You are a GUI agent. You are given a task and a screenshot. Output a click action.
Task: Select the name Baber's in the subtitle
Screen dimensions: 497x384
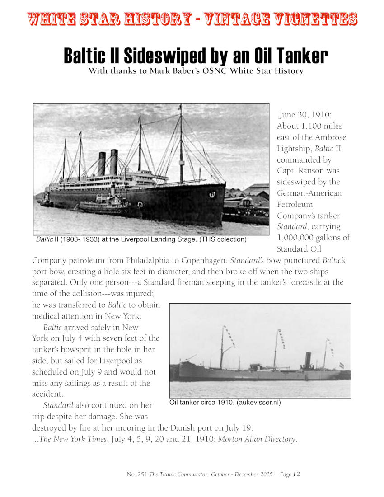pyautogui.click(x=196, y=71)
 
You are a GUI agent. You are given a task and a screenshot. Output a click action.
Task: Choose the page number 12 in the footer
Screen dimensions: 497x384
pyautogui.click(x=296, y=474)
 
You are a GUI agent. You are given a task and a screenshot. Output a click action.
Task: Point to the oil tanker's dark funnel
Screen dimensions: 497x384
pyautogui.click(x=309, y=361)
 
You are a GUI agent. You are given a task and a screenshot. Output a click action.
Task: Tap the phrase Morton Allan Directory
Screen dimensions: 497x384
pyautogui.click(x=257, y=439)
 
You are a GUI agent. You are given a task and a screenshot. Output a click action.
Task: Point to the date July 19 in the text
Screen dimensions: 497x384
pyautogui.click(x=240, y=428)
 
